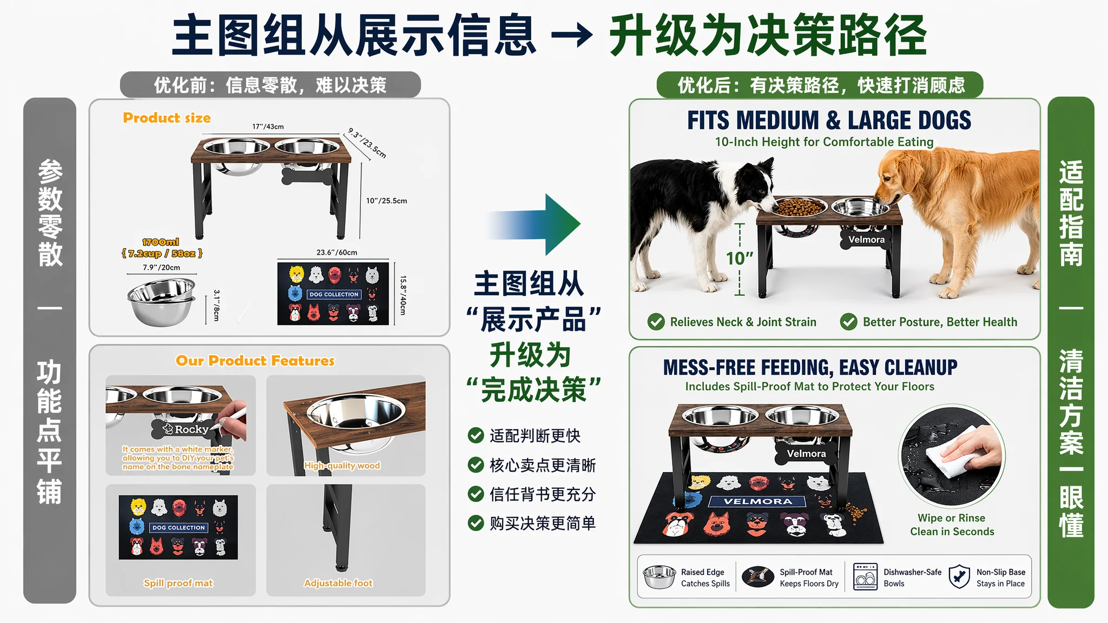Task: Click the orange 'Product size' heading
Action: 167,118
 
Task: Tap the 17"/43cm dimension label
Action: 268,127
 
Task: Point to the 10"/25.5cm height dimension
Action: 386,201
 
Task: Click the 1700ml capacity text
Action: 161,242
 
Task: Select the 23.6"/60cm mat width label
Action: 337,253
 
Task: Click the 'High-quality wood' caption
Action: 342,466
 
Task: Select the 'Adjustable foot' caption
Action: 338,583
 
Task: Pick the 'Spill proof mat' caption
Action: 179,583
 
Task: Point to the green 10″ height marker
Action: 740,259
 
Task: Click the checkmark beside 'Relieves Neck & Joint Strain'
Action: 656,322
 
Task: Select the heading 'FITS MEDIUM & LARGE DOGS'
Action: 829,120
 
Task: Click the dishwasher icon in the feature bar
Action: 865,576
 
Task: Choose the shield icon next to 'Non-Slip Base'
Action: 959,576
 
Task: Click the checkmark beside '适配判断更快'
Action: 476,435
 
